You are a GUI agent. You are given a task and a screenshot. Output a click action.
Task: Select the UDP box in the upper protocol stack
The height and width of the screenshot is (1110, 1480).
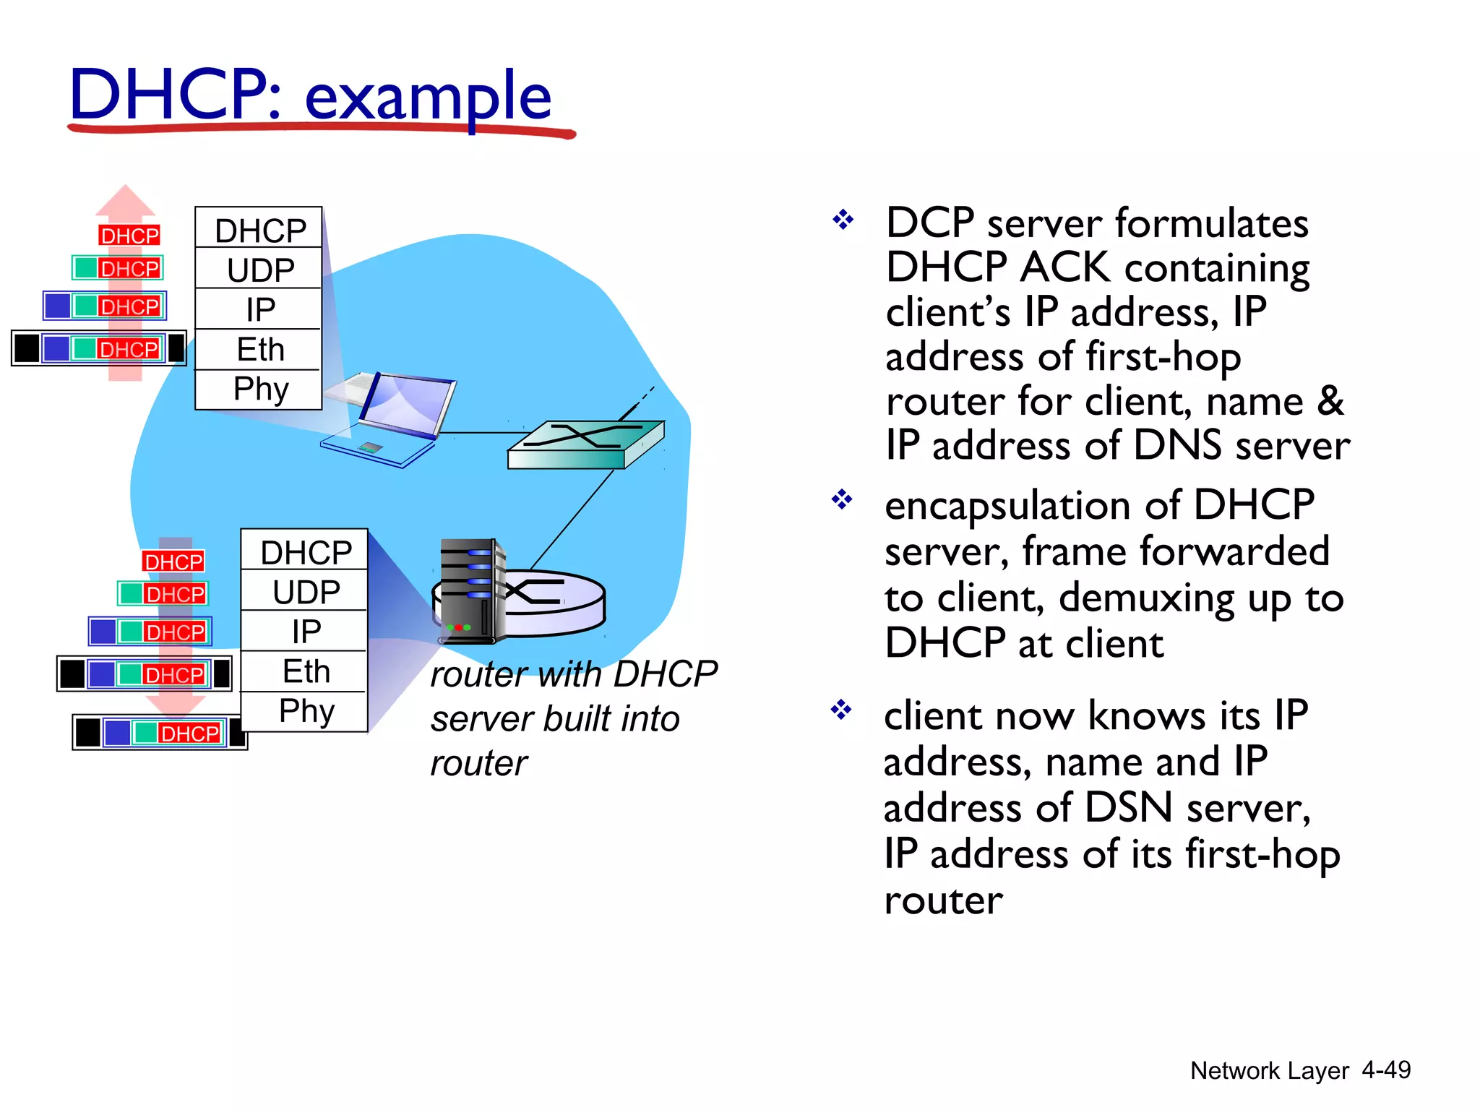pyautogui.click(x=260, y=270)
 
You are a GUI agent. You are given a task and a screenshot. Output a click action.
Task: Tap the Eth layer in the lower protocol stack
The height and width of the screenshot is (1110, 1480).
pyautogui.click(x=306, y=671)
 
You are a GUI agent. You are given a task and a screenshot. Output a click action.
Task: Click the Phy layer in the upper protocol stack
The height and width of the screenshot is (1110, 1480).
pyautogui.click(x=260, y=389)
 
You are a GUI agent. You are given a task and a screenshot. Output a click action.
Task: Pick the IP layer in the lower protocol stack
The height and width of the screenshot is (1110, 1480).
pyautogui.click(x=306, y=632)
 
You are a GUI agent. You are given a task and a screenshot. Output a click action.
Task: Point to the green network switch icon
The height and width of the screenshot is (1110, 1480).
pyautogui.click(x=585, y=444)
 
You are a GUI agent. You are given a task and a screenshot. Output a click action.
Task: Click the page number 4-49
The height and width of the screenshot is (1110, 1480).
pyautogui.click(x=1385, y=1070)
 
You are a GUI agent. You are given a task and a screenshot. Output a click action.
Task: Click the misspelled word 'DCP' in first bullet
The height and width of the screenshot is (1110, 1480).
pyautogui.click(x=929, y=223)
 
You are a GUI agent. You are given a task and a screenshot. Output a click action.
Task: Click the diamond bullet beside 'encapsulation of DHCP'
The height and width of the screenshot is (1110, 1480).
pyautogui.click(x=842, y=499)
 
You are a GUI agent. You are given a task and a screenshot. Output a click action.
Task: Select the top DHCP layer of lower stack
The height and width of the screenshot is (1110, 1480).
pyautogui.click(x=306, y=552)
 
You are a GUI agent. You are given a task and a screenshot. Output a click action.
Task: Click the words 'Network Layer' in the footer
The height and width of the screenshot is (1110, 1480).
pyautogui.click(x=1269, y=1070)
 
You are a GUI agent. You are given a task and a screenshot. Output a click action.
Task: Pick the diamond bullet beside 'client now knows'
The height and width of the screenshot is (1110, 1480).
pyautogui.click(x=841, y=709)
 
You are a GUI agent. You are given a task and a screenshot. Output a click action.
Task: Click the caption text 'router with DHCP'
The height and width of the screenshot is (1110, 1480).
pyautogui.click(x=574, y=674)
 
